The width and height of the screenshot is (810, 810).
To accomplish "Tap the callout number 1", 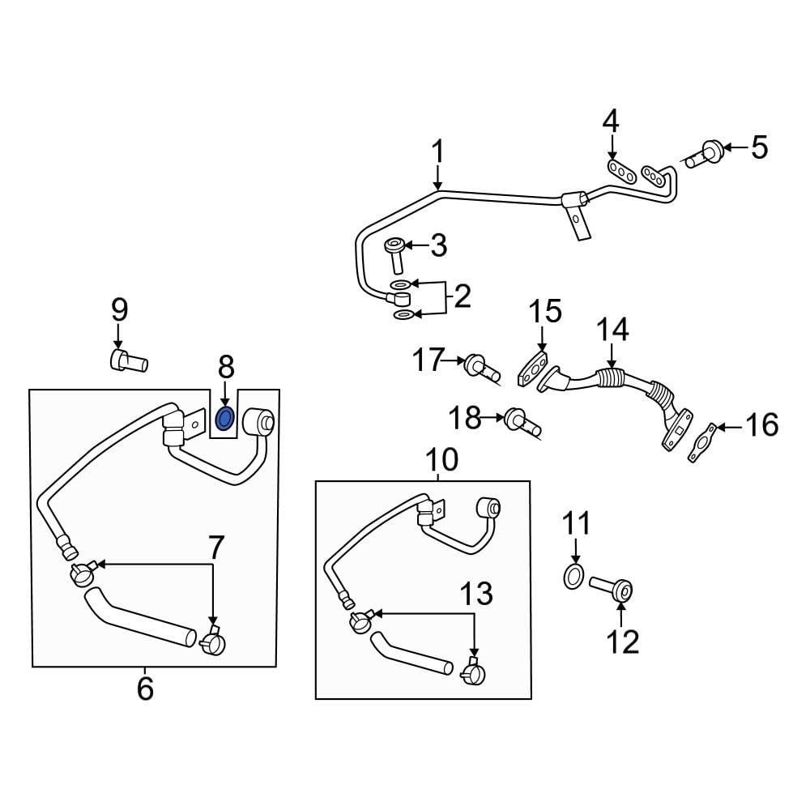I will pos(437,151).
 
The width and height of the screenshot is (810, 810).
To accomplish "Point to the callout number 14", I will pos(612,330).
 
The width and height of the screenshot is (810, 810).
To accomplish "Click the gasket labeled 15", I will pos(532,369).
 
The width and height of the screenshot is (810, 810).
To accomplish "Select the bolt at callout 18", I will pos(519,421).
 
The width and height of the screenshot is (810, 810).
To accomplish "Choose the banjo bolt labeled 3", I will pos(396,254).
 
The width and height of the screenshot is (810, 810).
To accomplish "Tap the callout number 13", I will pos(476,595).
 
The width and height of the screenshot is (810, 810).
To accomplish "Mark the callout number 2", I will pos(461,297).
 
